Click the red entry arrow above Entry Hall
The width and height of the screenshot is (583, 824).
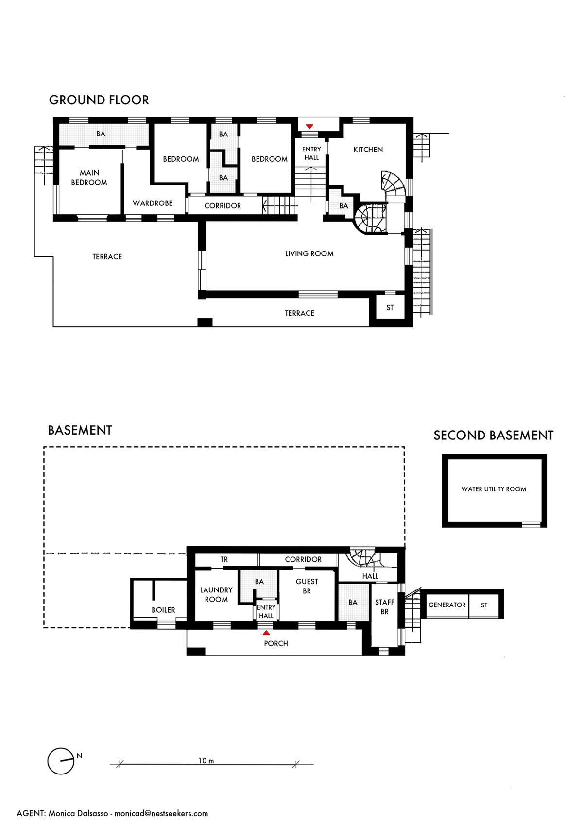[309, 127]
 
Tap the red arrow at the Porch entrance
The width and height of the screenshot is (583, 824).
[266, 633]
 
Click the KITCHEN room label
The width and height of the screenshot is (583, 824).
[368, 150]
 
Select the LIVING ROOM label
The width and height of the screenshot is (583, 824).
[309, 253]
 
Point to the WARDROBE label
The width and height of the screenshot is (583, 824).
[153, 203]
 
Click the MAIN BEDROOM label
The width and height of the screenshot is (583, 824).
[89, 177]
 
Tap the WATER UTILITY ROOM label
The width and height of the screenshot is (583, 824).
[494, 489]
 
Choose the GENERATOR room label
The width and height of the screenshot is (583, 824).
[447, 605]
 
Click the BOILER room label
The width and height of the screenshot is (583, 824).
[163, 610]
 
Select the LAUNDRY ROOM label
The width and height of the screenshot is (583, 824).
[216, 594]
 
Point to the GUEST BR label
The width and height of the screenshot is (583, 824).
[307, 586]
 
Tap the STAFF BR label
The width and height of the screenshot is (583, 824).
[385, 606]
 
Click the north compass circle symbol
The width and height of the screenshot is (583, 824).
[61, 761]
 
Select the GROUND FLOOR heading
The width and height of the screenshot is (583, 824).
[99, 100]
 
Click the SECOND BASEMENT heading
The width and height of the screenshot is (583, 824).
[494, 436]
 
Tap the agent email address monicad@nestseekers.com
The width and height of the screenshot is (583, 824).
[161, 813]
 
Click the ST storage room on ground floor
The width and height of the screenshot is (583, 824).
[390, 307]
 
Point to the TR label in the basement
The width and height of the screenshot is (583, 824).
[224, 559]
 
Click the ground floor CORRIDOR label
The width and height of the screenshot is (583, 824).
[223, 205]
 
